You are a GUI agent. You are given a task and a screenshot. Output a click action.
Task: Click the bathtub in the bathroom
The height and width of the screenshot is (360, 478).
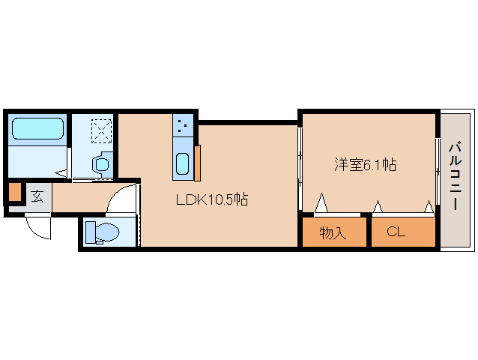(37, 128)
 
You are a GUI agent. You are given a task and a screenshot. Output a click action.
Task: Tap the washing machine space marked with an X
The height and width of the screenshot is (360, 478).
(101, 130)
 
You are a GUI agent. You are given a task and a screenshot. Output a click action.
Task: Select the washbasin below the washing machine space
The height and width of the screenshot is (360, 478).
(101, 163)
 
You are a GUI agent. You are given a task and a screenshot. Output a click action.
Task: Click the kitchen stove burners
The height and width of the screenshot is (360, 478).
(184, 125)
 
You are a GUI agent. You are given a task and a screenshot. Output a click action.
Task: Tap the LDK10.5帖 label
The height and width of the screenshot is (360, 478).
(212, 200)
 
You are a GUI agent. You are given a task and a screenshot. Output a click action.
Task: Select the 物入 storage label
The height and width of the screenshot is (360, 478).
(333, 232)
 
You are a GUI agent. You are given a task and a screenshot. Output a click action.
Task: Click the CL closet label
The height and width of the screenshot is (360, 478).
(396, 232)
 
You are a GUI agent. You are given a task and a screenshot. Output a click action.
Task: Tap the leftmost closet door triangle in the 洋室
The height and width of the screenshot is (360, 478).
(322, 203)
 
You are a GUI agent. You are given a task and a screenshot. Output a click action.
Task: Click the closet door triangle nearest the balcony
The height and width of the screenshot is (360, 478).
(429, 205)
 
